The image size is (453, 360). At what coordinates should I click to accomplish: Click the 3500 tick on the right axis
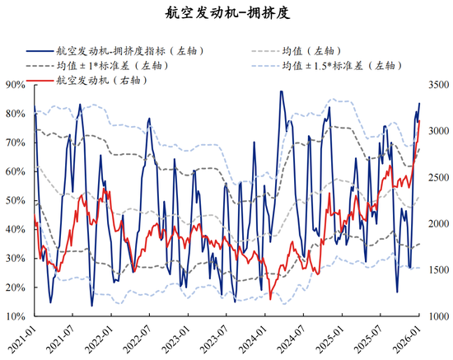point(437,84)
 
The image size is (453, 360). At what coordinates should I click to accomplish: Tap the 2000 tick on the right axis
point(437,223)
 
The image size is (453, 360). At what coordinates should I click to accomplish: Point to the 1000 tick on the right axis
point(437,316)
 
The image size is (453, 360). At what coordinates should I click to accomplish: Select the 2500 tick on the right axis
point(437,177)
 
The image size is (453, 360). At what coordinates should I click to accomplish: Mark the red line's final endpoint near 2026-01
point(419,120)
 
